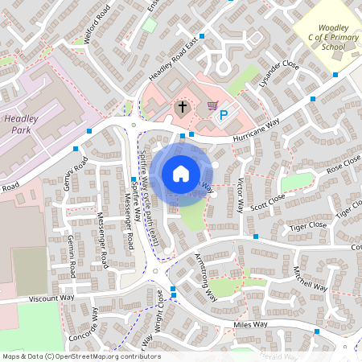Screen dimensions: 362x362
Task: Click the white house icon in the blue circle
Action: click(181, 173)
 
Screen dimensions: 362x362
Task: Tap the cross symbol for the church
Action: click(182, 107)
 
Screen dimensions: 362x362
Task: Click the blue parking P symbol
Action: click(224, 116)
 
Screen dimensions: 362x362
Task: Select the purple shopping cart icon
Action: click(212, 105)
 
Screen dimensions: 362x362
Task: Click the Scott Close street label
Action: click(268, 200)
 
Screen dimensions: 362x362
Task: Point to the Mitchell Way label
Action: click(310, 278)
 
